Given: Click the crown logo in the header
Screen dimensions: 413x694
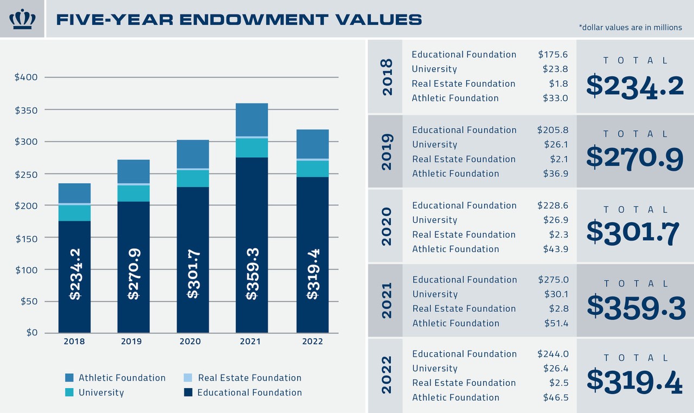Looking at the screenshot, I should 22,19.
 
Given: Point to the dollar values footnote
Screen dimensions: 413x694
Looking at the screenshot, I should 630,28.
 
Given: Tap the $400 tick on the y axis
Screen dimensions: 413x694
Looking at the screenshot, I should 26,78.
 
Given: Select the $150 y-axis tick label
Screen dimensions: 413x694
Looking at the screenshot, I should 26,238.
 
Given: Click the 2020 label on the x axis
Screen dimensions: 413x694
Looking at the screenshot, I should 190,341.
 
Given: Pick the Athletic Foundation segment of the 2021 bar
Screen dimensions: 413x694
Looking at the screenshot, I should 252,119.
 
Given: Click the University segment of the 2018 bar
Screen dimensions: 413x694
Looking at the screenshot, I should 74,213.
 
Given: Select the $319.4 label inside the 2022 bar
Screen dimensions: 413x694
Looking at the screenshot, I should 313,274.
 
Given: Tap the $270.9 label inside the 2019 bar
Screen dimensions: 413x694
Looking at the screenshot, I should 134,274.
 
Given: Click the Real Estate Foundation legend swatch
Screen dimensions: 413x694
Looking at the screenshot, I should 188,378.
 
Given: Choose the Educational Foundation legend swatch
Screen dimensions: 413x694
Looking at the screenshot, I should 188,392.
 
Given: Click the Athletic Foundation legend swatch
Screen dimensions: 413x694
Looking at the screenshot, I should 69,378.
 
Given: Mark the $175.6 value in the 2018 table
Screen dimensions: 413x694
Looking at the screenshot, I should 552,55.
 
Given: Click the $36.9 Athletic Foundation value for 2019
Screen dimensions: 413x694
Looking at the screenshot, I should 555,173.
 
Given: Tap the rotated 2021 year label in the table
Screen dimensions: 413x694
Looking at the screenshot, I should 387,300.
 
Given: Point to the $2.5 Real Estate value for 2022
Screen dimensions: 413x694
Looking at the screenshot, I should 558,383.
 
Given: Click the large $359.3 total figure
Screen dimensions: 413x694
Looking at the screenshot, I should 636,306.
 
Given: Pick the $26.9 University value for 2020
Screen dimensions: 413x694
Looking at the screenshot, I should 555,220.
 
